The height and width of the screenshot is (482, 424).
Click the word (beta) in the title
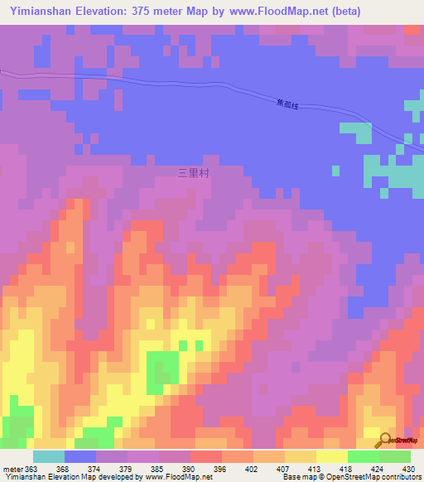tap(396, 12)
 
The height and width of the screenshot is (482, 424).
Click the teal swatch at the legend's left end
tap(49, 456)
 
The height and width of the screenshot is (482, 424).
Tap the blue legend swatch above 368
tap(80, 456)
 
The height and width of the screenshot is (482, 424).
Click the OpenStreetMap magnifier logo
tap(384, 440)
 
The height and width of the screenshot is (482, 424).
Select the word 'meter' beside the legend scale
tap(12, 468)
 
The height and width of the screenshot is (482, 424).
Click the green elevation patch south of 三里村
tap(162, 366)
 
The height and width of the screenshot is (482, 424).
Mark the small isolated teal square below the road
tap(335, 171)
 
